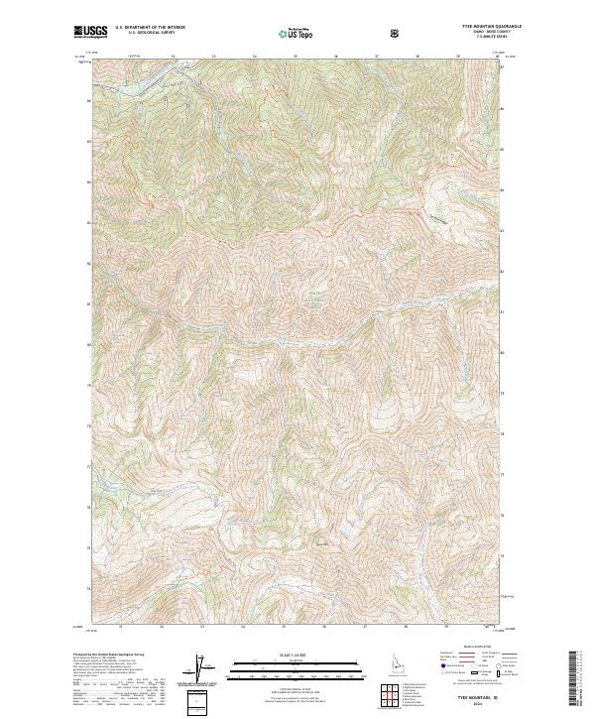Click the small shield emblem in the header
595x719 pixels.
[x=396, y=32]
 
